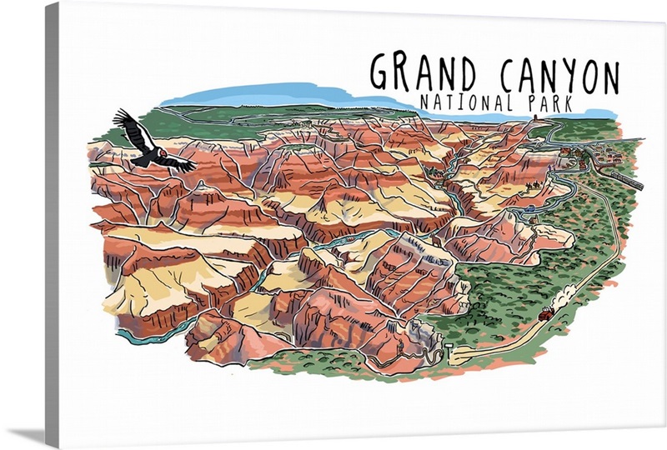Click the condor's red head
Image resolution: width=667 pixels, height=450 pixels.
(163, 154)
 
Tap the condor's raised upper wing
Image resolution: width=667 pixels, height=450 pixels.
(132, 127)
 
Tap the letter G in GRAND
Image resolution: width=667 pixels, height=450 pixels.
(381, 73)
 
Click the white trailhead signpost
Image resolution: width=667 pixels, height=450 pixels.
(448, 346)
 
